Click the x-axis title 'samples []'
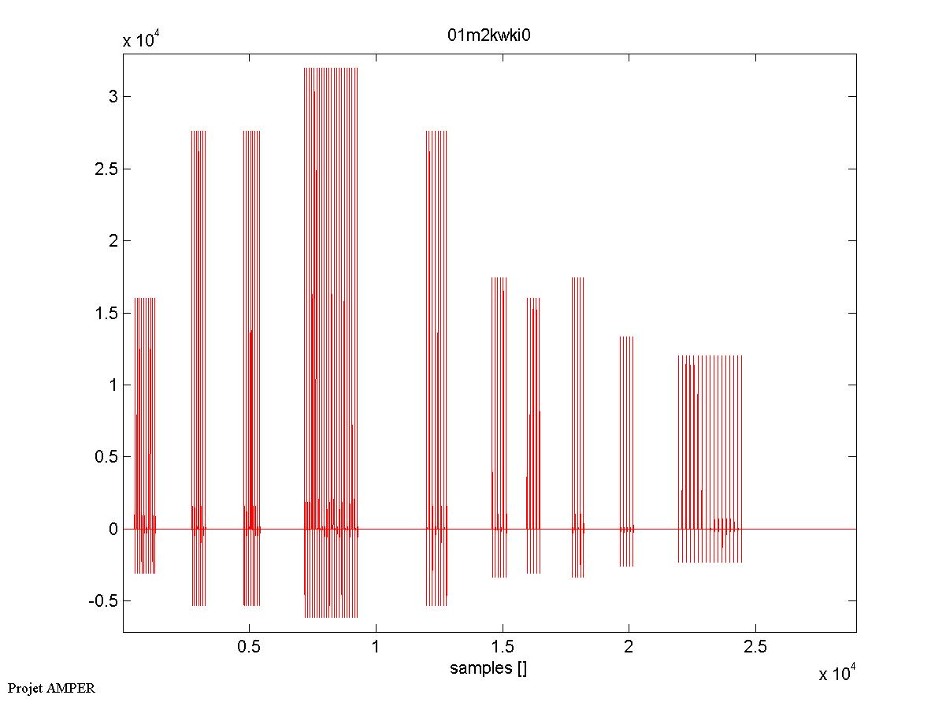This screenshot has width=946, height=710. pyautogui.click(x=488, y=669)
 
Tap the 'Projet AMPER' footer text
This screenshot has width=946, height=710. pyautogui.click(x=51, y=688)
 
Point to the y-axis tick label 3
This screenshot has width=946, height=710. pyautogui.click(x=113, y=97)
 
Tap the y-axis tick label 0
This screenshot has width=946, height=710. pyautogui.click(x=113, y=529)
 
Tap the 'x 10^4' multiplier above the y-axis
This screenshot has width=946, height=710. pyautogui.click(x=143, y=41)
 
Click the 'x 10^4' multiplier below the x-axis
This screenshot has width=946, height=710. pyautogui.click(x=837, y=674)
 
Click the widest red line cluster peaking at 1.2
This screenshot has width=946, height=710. pyautogui.click(x=710, y=457)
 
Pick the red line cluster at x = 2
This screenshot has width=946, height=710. pyautogui.click(x=626, y=449)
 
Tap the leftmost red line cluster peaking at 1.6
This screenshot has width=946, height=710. pyautogui.click(x=145, y=433)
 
